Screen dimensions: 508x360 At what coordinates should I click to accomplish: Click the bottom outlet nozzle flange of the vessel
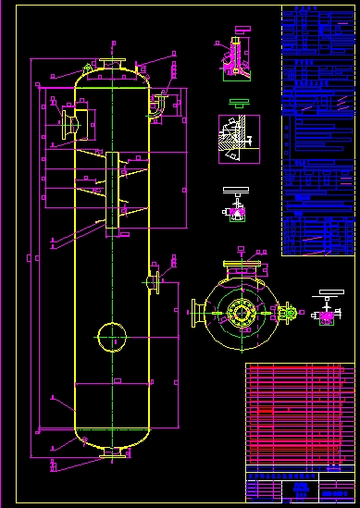114,452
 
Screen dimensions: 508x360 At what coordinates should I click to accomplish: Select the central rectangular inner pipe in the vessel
113,190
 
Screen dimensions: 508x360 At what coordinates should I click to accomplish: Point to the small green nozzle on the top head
86,68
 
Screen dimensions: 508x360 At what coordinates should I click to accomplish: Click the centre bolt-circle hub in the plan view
242,313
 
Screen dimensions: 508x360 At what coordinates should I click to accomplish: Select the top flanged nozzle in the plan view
242,270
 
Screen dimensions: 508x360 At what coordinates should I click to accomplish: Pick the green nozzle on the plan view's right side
289,314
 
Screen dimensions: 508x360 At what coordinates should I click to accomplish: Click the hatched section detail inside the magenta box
238,138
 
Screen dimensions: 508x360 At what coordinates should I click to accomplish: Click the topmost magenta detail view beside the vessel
235,59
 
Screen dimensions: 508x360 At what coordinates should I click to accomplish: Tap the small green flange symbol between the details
238,101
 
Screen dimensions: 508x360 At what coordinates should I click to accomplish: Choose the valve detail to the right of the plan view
326,308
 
